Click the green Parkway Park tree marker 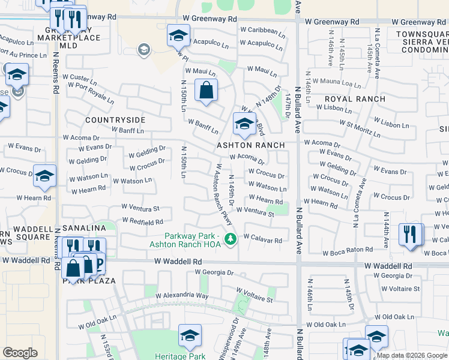229,240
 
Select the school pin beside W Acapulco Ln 178,36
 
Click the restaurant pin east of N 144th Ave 411,234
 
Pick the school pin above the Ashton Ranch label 244,124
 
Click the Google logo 20,353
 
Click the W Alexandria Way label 182,296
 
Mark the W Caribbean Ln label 259,30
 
